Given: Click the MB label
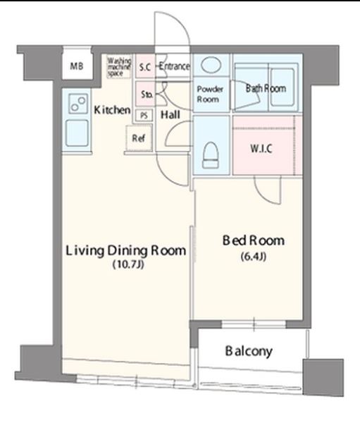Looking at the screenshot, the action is coord(77,66).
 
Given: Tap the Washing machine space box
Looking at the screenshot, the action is coord(119,67).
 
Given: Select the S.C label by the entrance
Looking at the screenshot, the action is coord(145,67).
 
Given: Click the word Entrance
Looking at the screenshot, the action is coord(174,66).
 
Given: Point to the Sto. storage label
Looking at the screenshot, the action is coord(147,94).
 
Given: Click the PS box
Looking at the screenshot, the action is coord(144,115).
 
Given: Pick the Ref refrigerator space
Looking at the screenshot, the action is coord(139,138).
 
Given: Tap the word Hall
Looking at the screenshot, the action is coord(170,115).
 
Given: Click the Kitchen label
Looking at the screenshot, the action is coord(112,110).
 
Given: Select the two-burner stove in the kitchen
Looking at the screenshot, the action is coord(78,104).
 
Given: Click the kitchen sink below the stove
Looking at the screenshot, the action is coord(77,133).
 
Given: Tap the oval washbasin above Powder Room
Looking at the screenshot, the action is coord(211,65).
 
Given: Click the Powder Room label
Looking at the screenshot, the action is coord(210,94).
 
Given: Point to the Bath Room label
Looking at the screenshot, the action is coord(266,88).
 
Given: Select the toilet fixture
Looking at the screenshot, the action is coord(211,155).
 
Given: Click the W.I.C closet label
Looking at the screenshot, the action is coord(261,149).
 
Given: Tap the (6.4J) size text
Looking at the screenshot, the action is coord(254,257).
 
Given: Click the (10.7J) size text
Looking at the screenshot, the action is coord(128,264).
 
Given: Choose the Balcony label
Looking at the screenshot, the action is coord(249,351).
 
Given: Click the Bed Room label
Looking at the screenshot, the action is coord(254,240).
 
